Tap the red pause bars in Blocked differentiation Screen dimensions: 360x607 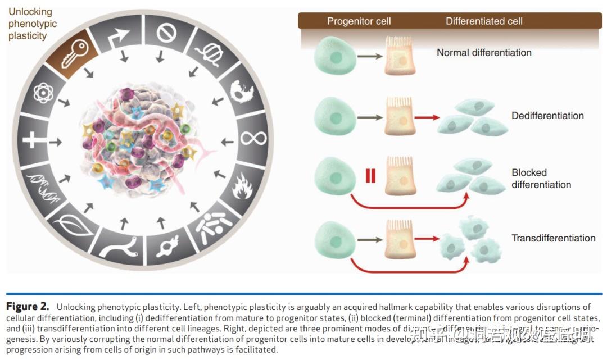(x=370, y=176)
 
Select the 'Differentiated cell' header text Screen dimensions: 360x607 (x=484, y=21)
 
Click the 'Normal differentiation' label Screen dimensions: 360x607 (x=484, y=53)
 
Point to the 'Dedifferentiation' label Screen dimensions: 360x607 (x=547, y=116)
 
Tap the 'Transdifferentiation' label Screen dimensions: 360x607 (x=553, y=238)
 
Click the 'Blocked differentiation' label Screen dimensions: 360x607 (x=541, y=179)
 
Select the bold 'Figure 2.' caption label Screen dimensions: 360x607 (x=28, y=307)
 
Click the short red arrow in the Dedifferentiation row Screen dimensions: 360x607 (x=427, y=118)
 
